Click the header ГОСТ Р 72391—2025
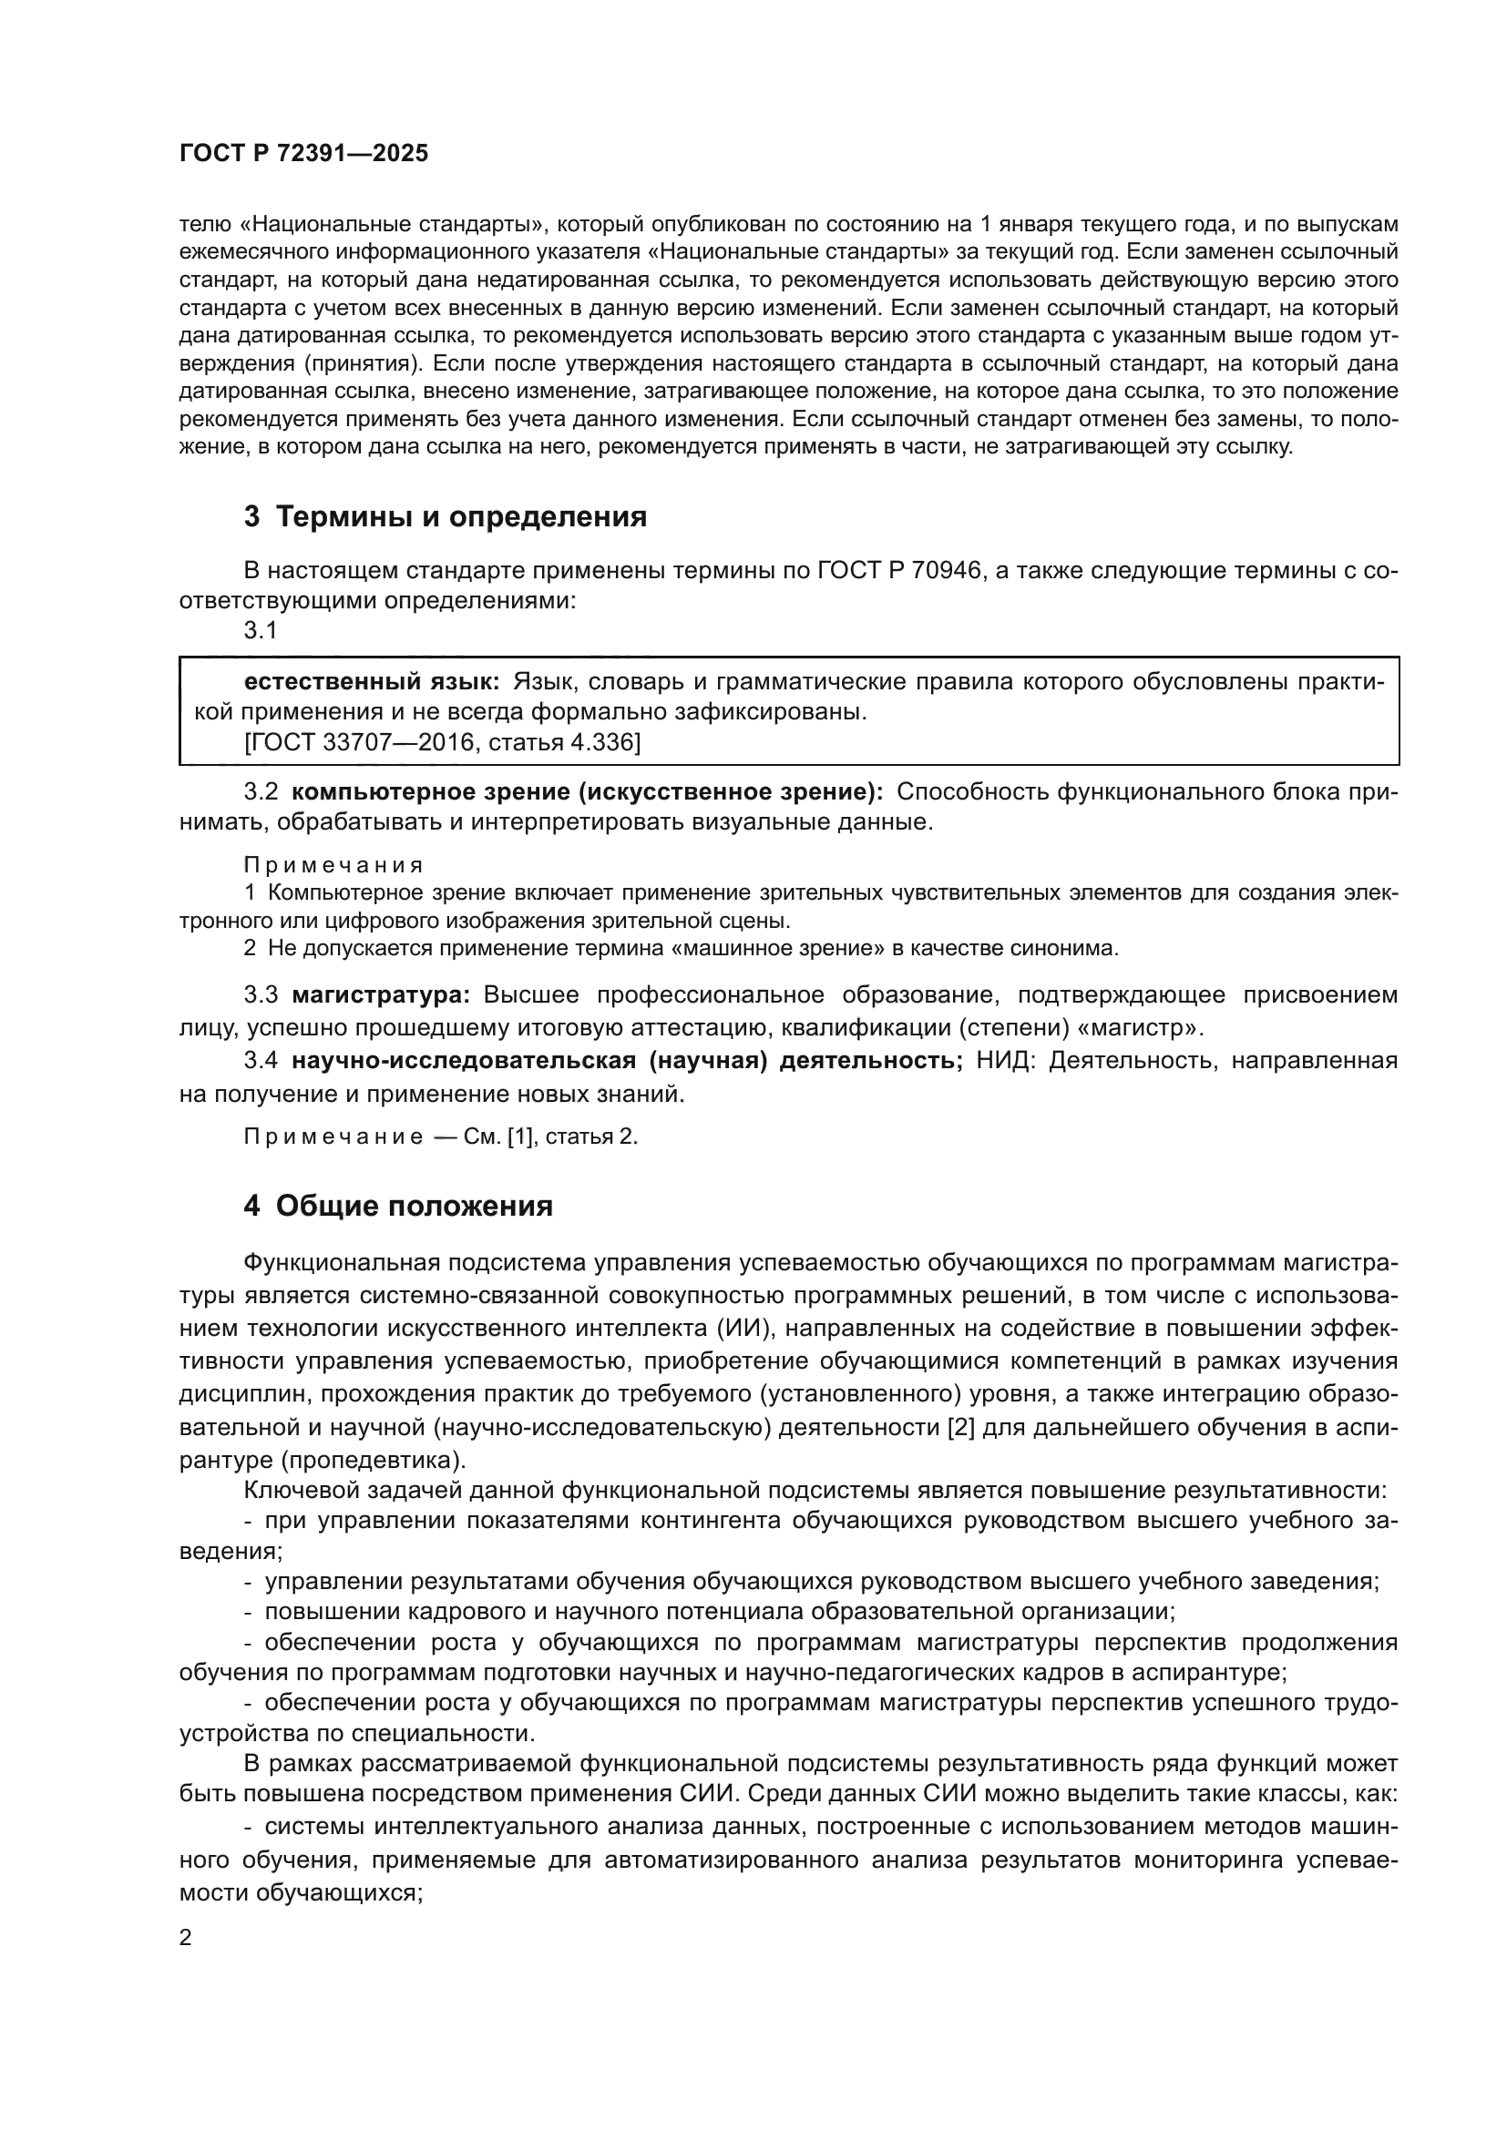(303, 153)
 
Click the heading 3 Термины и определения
(446, 515)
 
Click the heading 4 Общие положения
(398, 1206)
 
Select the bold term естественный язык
(371, 682)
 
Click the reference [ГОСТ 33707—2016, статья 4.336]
(442, 742)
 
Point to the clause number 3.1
(261, 631)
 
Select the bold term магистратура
(382, 995)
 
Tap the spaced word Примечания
(333, 865)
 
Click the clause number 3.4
(261, 1061)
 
